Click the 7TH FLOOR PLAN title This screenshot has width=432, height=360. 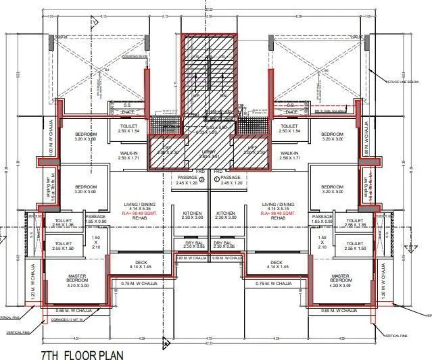pos(82,353)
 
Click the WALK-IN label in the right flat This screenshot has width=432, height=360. pos(289,153)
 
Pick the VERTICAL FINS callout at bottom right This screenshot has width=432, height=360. pos(397,336)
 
